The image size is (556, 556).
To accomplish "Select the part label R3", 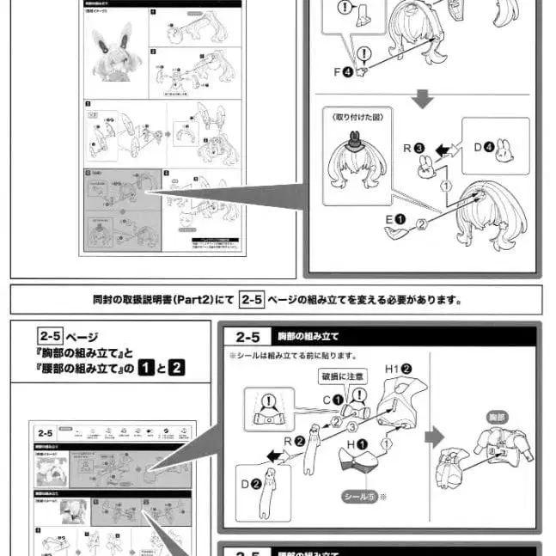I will tap(413, 148).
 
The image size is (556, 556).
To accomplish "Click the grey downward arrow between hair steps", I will tap(420, 101).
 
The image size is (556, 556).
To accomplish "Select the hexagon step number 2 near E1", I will tap(420, 226).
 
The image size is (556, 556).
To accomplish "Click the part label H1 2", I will tap(400, 368).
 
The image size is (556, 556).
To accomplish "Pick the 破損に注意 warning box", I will tap(341, 376).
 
